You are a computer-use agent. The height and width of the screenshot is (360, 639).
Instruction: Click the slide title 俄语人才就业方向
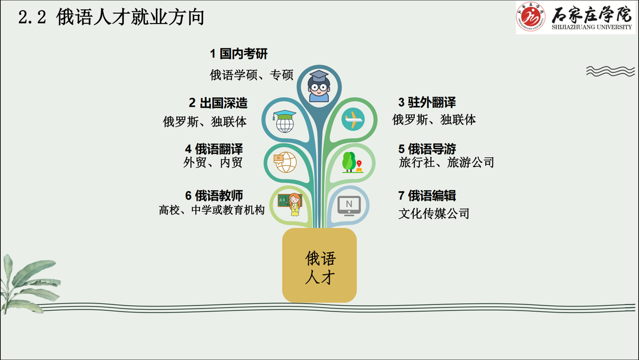click(130, 18)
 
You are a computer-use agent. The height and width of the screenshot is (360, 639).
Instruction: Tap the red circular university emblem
click(530, 17)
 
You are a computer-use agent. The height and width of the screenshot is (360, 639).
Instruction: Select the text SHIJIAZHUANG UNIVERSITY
click(592, 27)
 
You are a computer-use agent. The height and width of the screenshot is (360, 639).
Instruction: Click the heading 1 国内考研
click(239, 53)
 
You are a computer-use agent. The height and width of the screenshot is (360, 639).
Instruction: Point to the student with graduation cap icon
click(319, 86)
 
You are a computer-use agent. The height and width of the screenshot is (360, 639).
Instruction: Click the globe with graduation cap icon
click(285, 121)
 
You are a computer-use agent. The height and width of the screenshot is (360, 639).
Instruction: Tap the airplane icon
click(353, 119)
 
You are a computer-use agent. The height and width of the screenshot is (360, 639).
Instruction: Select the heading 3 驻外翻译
click(427, 102)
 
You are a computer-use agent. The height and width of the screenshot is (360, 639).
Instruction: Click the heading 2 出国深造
click(218, 103)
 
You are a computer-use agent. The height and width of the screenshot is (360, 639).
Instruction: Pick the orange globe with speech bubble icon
click(285, 162)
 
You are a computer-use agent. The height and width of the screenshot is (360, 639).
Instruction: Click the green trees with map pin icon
click(352, 162)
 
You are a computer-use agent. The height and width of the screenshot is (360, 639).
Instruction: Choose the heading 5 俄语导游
click(427, 149)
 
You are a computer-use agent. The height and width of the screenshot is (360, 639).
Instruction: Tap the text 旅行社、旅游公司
click(446, 162)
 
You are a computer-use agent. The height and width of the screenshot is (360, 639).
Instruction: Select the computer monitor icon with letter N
click(349, 206)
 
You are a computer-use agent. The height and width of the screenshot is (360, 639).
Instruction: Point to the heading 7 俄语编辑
click(427, 196)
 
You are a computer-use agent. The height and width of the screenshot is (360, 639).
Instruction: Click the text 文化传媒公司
click(434, 213)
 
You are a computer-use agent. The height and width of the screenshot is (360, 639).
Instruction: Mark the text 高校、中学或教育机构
click(212, 210)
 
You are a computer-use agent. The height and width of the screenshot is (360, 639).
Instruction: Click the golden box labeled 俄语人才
click(319, 265)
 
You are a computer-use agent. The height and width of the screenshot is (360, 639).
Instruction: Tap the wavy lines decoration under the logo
click(610, 71)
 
